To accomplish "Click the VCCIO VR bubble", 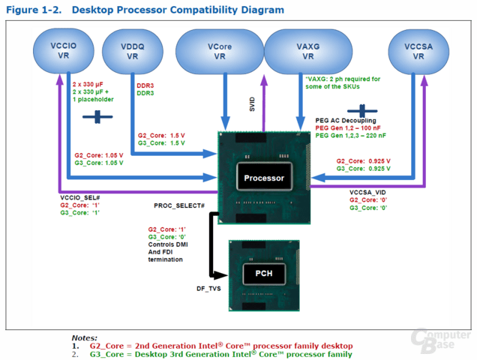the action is [x=63, y=51].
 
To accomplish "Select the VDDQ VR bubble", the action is [x=132, y=52].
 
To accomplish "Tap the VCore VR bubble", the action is [x=220, y=52].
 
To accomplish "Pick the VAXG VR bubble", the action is [x=308, y=52].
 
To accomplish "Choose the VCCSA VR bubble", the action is [x=418, y=52].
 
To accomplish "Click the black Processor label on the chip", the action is [x=264, y=178].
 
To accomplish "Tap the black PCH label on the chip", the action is [x=264, y=274].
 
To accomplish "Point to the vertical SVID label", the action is [x=252, y=104].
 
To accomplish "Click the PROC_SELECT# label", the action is [x=179, y=205].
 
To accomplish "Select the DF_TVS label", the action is [x=208, y=289].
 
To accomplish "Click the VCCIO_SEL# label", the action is [x=80, y=198].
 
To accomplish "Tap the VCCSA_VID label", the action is [x=367, y=192].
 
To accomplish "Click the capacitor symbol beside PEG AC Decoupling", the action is [x=362, y=111].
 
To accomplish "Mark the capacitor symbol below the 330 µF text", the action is [x=97, y=117].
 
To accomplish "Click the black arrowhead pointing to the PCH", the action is [x=220, y=275].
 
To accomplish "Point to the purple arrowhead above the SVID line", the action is [x=264, y=79].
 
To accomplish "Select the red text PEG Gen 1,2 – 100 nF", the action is [x=348, y=127].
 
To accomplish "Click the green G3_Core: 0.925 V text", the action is [x=363, y=169].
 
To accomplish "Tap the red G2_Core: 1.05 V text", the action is [x=99, y=155].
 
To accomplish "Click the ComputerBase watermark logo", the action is [x=440, y=340].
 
